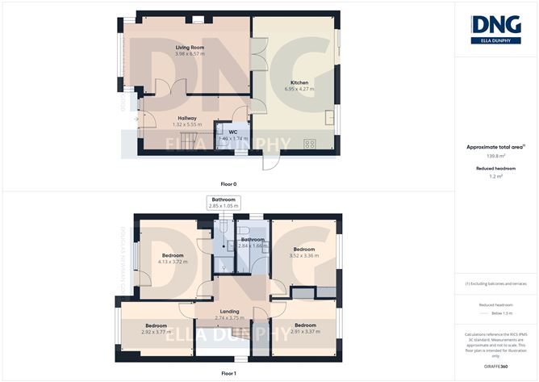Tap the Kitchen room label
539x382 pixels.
[x=299, y=82]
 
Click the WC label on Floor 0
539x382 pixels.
[x=232, y=132]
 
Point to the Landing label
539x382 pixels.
[x=229, y=311]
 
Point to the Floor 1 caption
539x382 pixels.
[x=229, y=374]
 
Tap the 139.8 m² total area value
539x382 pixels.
[x=495, y=157]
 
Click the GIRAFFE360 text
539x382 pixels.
[x=495, y=366]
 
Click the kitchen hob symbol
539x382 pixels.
[x=309, y=143]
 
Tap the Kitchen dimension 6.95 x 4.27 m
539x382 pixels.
[x=299, y=89]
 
